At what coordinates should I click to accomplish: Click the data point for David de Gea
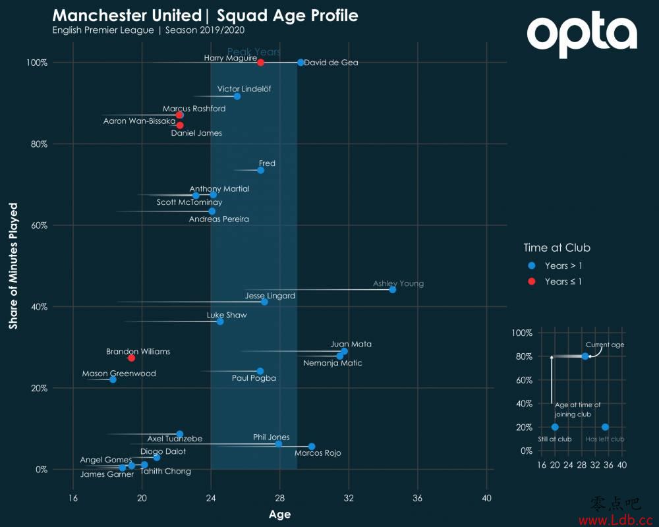point(301,63)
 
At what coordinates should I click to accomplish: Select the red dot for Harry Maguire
point(260,63)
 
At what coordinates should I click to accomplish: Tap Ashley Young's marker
point(393,289)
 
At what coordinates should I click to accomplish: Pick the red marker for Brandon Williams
point(131,358)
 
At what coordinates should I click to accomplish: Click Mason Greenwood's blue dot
point(113,379)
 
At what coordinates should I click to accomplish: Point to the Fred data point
point(260,170)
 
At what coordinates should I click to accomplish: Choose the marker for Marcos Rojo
point(312,447)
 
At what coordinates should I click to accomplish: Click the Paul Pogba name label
point(254,378)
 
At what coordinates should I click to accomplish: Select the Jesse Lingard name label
point(270,296)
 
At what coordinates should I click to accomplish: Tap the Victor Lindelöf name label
point(244,88)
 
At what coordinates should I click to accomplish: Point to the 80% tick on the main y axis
point(38,144)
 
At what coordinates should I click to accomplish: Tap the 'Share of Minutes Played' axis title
point(13,265)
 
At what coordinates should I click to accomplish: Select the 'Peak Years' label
point(254,52)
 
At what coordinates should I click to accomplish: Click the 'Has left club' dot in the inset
point(605,427)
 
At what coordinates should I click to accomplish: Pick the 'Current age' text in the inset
point(605,345)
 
